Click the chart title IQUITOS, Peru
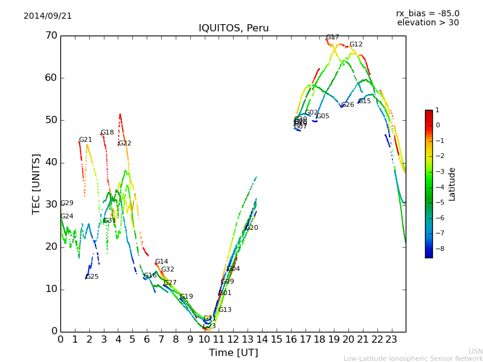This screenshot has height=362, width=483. pos(234,28)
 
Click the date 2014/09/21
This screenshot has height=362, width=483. pos(48,16)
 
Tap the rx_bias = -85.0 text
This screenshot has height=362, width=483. pos(427,14)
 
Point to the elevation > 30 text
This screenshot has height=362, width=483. pos(427,23)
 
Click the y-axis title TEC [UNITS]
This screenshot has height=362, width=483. pos(36,183)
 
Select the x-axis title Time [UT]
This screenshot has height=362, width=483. pos(233,353)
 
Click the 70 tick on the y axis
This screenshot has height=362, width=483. pos(51,36)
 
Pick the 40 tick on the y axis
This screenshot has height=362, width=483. pos(51,162)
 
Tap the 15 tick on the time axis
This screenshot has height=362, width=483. pos(277,340)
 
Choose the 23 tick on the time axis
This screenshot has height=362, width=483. pos(391,340)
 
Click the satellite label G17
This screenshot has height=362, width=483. pos(332,37)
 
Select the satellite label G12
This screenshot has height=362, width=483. pos(356,45)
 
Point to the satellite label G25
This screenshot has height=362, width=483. pos(92,277)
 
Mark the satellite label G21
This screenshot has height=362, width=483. pos(85,140)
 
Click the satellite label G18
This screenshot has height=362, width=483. pos(107,133)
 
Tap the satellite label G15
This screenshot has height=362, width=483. pos(364,101)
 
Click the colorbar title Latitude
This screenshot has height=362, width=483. pos(452,184)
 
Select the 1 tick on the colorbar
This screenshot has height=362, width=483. pos(437,110)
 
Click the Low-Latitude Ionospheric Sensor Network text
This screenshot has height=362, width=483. pos(413,359)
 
